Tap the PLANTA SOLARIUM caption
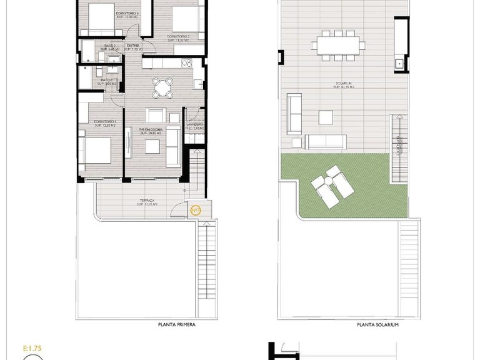point(377,325)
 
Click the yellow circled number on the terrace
point(195,209)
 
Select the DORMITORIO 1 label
point(106,123)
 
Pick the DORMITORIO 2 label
point(177,37)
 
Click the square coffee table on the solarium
point(326,117)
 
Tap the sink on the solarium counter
point(398,63)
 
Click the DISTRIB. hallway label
point(134,46)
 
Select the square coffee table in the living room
point(153,146)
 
